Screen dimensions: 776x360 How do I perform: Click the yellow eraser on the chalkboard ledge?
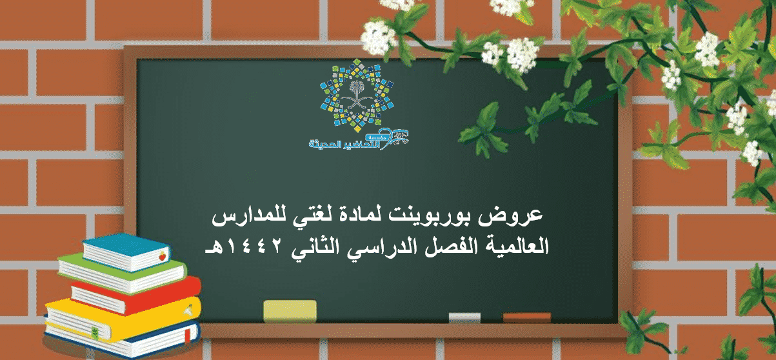point(290,311)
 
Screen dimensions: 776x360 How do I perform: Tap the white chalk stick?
point(464,317)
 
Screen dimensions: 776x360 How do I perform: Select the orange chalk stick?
point(526,317)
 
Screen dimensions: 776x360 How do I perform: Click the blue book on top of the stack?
point(126,252)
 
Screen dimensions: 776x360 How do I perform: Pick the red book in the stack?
point(136,295)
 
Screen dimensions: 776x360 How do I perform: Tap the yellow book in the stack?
point(123,319)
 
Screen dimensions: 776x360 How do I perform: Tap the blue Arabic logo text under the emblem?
point(359,139)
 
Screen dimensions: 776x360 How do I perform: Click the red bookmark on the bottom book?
point(188,335)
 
